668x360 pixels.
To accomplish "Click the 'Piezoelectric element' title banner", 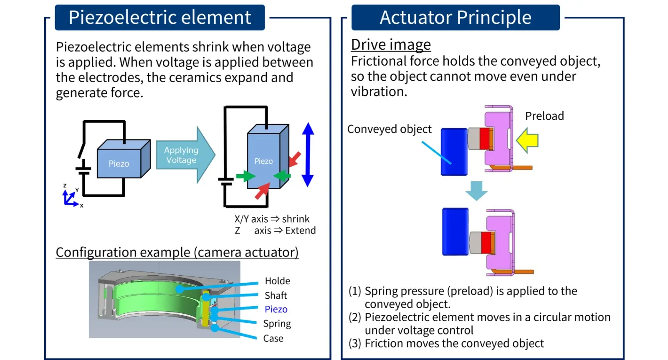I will [159, 18].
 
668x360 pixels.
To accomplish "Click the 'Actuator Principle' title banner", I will [455, 18].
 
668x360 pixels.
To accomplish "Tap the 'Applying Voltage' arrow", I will [184, 155].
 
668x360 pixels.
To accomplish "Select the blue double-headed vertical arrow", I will [308, 155].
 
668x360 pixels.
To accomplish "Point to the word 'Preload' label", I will [544, 116].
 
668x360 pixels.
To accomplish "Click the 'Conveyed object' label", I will [389, 129].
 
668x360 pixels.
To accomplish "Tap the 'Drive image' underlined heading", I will [391, 45].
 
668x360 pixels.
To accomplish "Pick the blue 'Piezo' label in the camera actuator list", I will [276, 309].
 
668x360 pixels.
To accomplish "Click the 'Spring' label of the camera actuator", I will [277, 324].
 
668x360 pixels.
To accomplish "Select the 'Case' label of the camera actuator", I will [273, 339].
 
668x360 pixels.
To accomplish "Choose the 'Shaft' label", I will [276, 296].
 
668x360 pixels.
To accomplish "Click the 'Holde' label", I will [277, 281].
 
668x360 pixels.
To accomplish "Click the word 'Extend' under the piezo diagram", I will [300, 231].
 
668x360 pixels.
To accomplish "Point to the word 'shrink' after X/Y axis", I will [296, 219].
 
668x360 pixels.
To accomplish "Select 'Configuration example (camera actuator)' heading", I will [177, 252].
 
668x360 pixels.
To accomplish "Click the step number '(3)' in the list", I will [355, 344].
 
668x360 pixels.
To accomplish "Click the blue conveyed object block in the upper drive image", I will [454, 152].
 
